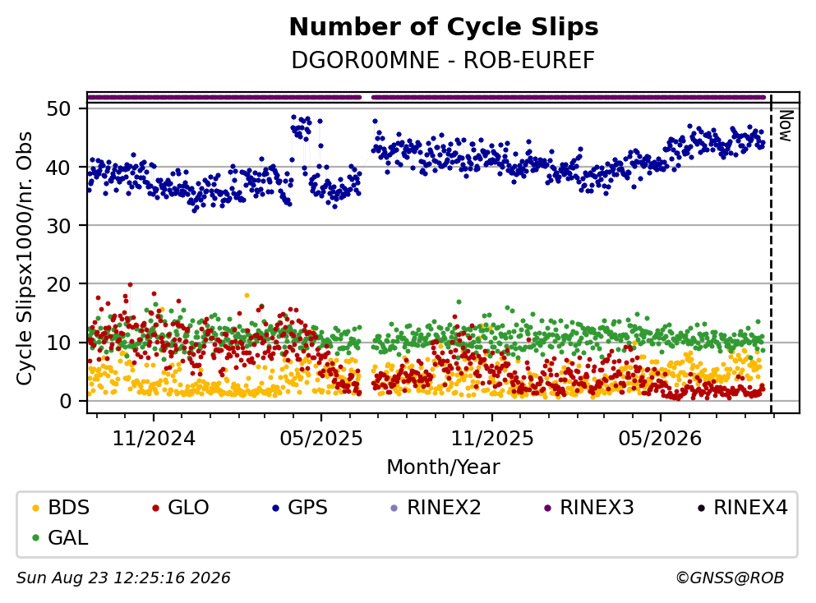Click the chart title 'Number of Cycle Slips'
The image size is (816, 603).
pos(444,27)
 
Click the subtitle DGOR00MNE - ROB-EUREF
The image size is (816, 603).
pos(443,60)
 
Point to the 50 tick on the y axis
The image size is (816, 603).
pos(59,108)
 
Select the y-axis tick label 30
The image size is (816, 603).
pos(59,226)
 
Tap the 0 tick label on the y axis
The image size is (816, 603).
pos(66,401)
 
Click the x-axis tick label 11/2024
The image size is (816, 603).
pos(154,439)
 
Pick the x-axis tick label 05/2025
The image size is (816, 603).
pos(321,439)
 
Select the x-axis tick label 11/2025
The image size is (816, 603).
pos(491,439)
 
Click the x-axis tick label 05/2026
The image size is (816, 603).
pos(660,439)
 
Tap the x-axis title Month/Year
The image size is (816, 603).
pos(443,467)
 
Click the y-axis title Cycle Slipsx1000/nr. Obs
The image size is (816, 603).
pos(25,259)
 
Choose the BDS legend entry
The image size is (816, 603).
pos(61,507)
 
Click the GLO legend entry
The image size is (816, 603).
pos(181,507)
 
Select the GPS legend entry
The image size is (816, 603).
pos(300,507)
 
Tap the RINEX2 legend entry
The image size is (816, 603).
pos(436,507)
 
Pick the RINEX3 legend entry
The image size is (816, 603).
pos(589,507)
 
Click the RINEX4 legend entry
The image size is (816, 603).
pos(743,507)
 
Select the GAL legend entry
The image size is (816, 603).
pos(60,537)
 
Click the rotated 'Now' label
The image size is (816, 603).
pos(786,126)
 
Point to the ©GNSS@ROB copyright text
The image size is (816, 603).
pos(730,578)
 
